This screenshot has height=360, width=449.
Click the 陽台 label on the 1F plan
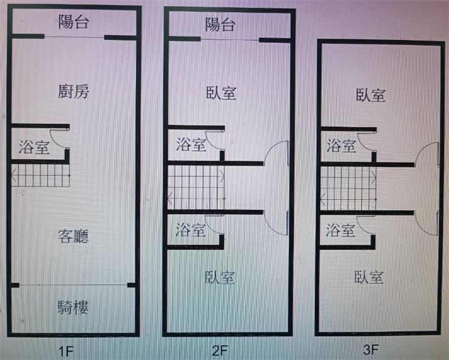(x=74, y=22)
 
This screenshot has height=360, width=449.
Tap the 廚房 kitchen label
(x=74, y=92)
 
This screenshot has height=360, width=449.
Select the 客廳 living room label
(x=74, y=236)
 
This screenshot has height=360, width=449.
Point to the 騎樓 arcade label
(x=73, y=307)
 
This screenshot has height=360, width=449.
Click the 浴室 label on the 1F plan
(x=34, y=147)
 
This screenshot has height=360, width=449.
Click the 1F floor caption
(x=66, y=351)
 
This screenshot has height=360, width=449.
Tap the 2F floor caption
(x=220, y=350)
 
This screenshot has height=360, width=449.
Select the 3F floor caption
(x=371, y=349)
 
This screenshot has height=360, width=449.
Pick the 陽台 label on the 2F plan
(x=220, y=24)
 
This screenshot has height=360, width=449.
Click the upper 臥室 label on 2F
(x=221, y=93)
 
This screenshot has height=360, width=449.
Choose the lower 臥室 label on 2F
(x=220, y=277)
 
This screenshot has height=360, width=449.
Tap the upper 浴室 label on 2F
(x=191, y=144)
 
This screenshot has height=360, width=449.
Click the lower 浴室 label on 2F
(x=190, y=230)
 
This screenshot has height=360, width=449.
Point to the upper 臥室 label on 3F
(x=370, y=95)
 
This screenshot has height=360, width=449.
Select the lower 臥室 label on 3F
(x=369, y=277)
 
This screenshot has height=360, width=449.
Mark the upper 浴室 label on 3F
(x=341, y=145)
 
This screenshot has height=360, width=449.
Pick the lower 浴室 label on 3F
(x=341, y=230)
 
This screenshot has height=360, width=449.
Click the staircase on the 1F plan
(x=40, y=175)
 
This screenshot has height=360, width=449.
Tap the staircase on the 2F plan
(x=196, y=188)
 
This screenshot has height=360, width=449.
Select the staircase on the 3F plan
(x=348, y=188)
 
